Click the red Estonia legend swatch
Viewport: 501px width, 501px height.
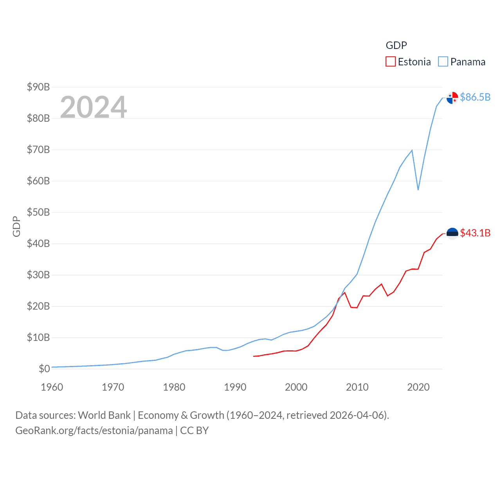click(x=391, y=62)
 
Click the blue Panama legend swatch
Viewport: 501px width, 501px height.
click(x=443, y=62)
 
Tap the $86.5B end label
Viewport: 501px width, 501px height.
click(x=475, y=97)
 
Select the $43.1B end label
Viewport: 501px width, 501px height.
click(x=475, y=233)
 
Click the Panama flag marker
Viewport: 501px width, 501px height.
click(x=452, y=98)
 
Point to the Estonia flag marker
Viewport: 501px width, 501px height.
click(x=452, y=233)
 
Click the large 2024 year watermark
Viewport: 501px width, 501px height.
click(x=94, y=107)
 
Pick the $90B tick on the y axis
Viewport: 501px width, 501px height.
click(x=38, y=87)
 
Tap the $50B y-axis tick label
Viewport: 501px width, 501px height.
click(x=38, y=212)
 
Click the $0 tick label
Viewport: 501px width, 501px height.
click(x=44, y=369)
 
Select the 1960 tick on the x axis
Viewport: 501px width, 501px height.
click(x=52, y=387)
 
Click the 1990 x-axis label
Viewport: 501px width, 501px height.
click(x=235, y=387)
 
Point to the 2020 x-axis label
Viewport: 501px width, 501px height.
click(x=418, y=387)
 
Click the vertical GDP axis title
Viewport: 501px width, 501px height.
click(x=16, y=226)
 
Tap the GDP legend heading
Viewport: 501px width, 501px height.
click(x=396, y=45)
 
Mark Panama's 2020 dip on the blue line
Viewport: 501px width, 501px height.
click(x=418, y=189)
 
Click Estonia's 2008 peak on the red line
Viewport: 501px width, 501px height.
click(x=344, y=293)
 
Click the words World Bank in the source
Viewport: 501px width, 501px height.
click(x=104, y=415)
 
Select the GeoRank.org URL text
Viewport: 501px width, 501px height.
click(x=94, y=431)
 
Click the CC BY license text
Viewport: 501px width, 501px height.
click(x=195, y=431)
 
